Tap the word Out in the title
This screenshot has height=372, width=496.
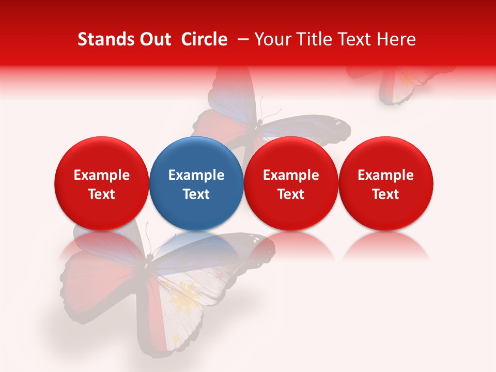click(x=154, y=39)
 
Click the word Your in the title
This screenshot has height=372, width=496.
click(x=272, y=39)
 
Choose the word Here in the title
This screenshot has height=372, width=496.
click(x=396, y=39)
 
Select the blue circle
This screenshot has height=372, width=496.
click(x=196, y=183)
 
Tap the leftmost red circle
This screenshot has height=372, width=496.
click(x=101, y=183)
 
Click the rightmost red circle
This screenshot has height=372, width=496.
click(x=385, y=183)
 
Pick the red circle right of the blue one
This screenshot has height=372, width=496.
click(x=291, y=183)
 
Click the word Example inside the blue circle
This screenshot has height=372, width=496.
click(x=196, y=175)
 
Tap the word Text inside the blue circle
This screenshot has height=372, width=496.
click(x=196, y=194)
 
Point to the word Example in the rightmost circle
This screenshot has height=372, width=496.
click(x=385, y=175)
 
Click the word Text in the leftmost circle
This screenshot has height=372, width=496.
click(x=101, y=194)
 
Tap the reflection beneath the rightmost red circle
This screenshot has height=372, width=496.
click(x=386, y=245)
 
